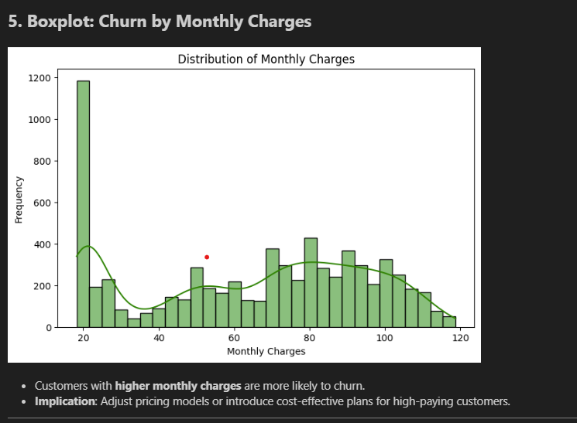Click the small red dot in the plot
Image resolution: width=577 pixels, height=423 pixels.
coord(207,257)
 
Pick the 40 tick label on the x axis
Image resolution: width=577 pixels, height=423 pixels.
coord(159,338)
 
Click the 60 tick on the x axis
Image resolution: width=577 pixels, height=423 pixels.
coord(234,338)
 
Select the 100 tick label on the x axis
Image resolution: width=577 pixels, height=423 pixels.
coord(385,338)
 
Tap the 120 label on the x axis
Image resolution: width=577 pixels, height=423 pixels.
coord(460,338)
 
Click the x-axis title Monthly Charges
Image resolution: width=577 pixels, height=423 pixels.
coord(266,351)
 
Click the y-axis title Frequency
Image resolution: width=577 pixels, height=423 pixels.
coord(19,200)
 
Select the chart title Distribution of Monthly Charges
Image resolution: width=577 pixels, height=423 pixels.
coord(266,60)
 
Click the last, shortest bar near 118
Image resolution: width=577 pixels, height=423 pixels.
coord(450,322)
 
